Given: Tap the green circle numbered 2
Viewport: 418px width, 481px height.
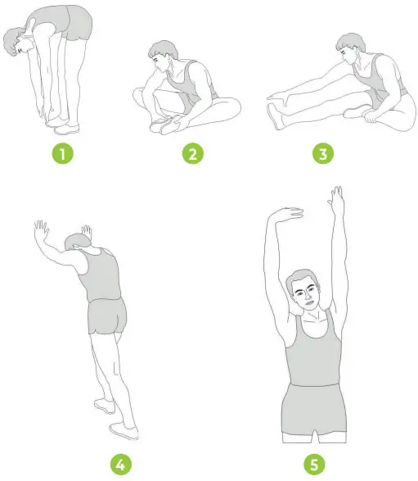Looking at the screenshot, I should (x=191, y=153).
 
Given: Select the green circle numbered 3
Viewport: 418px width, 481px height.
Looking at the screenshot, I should (x=325, y=153).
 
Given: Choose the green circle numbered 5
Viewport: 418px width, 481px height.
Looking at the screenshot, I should (x=313, y=465).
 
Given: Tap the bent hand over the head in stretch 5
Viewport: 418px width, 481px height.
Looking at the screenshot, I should (x=285, y=216).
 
